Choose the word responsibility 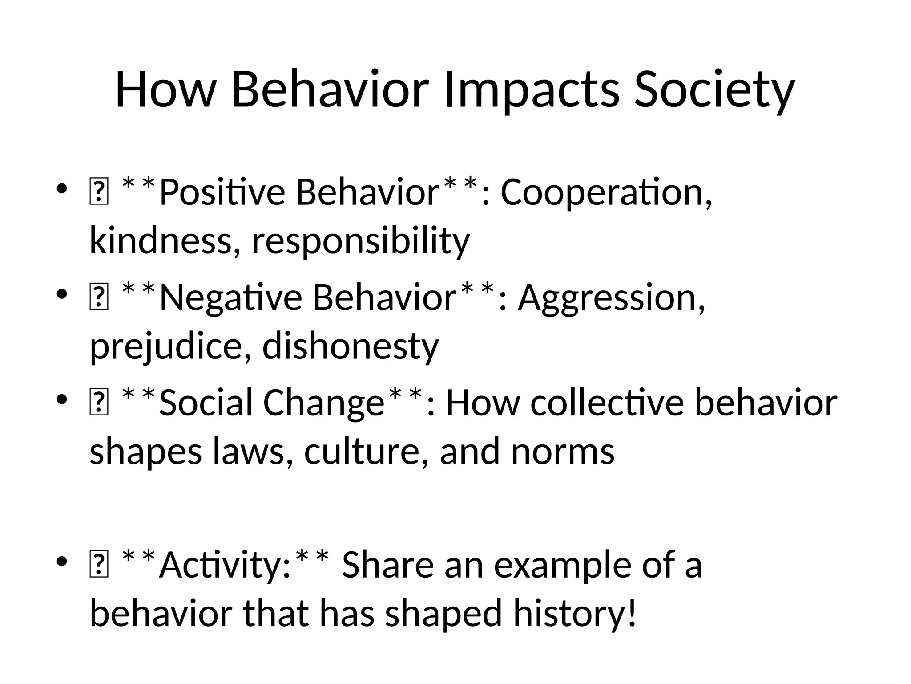(361, 240)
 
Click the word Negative (230, 297)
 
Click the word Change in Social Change (323, 403)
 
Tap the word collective (607, 403)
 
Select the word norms (563, 451)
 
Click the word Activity (225, 565)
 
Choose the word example (563, 565)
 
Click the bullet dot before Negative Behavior (62, 294)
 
